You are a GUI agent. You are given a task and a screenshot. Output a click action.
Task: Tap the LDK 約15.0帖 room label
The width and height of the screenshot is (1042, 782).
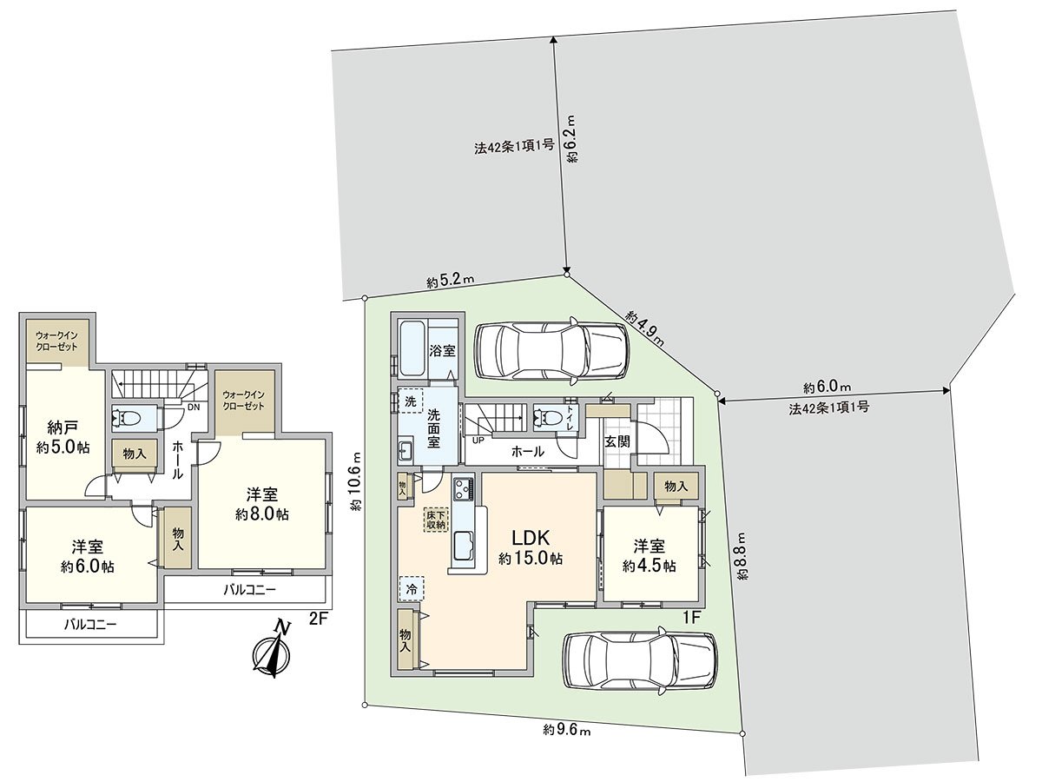pos(531,547)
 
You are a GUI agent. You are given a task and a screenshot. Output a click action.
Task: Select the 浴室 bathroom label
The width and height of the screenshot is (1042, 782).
pos(443,351)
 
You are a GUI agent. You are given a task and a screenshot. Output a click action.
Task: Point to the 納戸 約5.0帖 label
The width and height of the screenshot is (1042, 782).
pos(63,435)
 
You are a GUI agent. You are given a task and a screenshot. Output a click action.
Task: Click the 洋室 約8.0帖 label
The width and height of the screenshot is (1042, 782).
pos(262,504)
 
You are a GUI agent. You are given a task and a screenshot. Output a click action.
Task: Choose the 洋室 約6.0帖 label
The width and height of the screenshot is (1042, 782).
pos(88,556)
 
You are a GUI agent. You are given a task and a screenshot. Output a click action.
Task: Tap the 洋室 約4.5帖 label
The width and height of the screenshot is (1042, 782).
pos(649,555)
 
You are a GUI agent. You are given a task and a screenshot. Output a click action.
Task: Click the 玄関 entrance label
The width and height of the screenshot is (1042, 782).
pos(617,441)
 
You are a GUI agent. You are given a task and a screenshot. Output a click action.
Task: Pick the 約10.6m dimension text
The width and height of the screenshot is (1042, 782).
pos(356,480)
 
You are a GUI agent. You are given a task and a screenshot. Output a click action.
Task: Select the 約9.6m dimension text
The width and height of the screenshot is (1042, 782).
pos(567,743)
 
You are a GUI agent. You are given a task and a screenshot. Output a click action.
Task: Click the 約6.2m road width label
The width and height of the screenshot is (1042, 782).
pos(572,139)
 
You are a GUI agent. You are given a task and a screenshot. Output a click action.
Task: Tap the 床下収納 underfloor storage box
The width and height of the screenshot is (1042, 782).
pos(435,520)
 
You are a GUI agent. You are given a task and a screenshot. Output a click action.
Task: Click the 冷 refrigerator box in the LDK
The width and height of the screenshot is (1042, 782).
pos(411,589)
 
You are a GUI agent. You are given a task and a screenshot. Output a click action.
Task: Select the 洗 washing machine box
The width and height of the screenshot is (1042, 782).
pos(410,401)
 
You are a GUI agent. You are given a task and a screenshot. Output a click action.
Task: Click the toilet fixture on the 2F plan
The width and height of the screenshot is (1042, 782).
pos(126,419)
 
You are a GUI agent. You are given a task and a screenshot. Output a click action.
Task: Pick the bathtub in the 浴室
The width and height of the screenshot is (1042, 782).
pos(412,349)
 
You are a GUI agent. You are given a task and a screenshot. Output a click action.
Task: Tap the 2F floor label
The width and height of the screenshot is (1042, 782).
pos(319,620)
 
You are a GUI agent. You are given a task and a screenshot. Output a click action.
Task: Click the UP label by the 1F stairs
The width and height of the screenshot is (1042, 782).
pos(478,441)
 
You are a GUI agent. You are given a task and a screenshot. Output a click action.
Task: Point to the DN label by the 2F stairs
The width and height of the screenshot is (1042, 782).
pos(194,407)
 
